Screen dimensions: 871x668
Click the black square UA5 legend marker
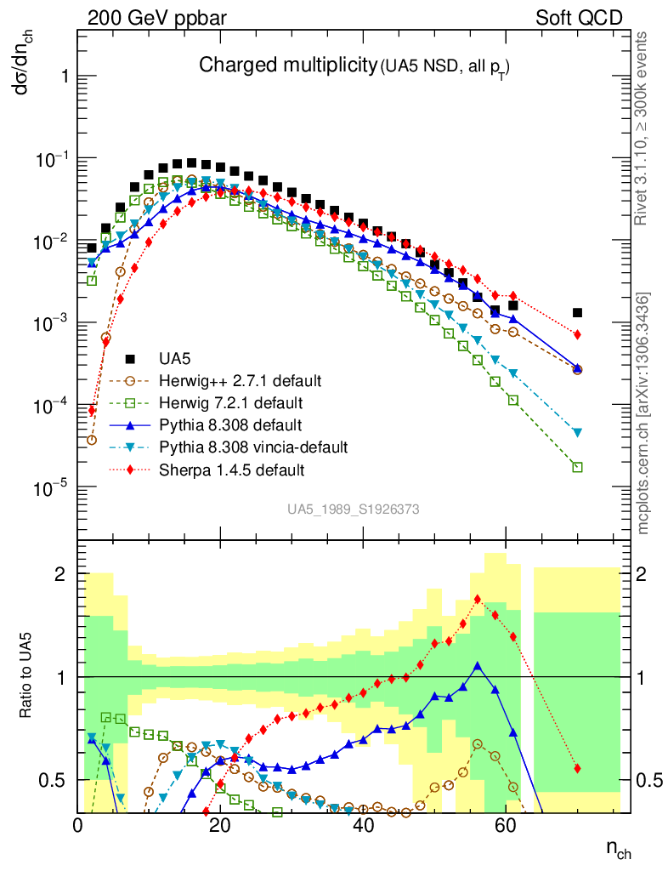click(130, 357)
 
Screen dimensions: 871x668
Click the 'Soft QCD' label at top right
click(579, 18)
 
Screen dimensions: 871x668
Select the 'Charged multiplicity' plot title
click(287, 65)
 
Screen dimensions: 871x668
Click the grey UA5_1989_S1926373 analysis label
click(353, 509)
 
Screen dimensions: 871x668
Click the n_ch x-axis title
click(618, 847)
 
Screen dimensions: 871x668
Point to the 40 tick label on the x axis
click(363, 825)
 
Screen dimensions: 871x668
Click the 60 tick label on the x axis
click(506, 825)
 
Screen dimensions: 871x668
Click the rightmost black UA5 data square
click(577, 313)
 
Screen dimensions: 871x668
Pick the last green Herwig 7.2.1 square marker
click(577, 467)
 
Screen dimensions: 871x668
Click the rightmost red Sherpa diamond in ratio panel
click(577, 769)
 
